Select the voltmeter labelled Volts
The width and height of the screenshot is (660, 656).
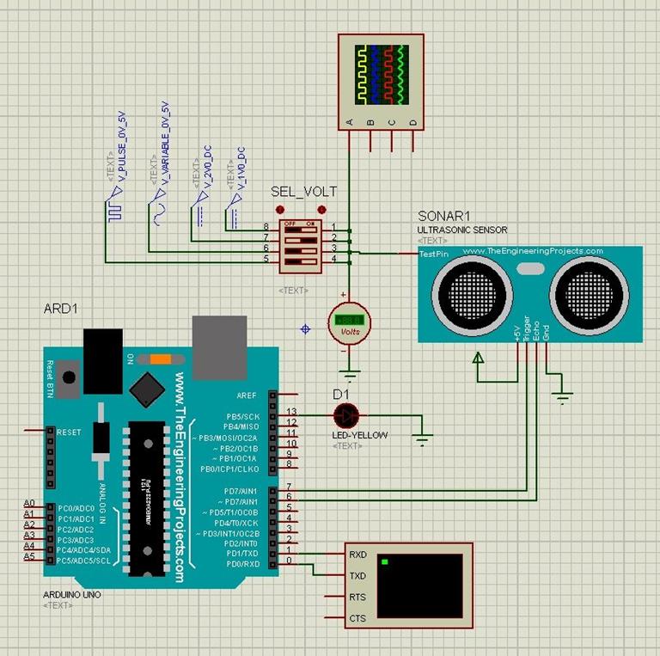[350, 322]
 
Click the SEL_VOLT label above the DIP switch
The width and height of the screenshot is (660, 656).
[303, 192]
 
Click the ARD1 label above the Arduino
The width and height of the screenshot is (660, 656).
[60, 308]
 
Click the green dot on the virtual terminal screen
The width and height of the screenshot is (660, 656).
[385, 562]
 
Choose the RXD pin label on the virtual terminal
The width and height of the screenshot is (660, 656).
[358, 555]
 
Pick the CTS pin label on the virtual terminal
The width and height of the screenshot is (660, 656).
[357, 618]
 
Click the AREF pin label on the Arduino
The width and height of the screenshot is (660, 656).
[247, 395]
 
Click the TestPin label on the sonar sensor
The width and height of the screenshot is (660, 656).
[432, 254]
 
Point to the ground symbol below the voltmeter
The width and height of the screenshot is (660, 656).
[350, 374]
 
